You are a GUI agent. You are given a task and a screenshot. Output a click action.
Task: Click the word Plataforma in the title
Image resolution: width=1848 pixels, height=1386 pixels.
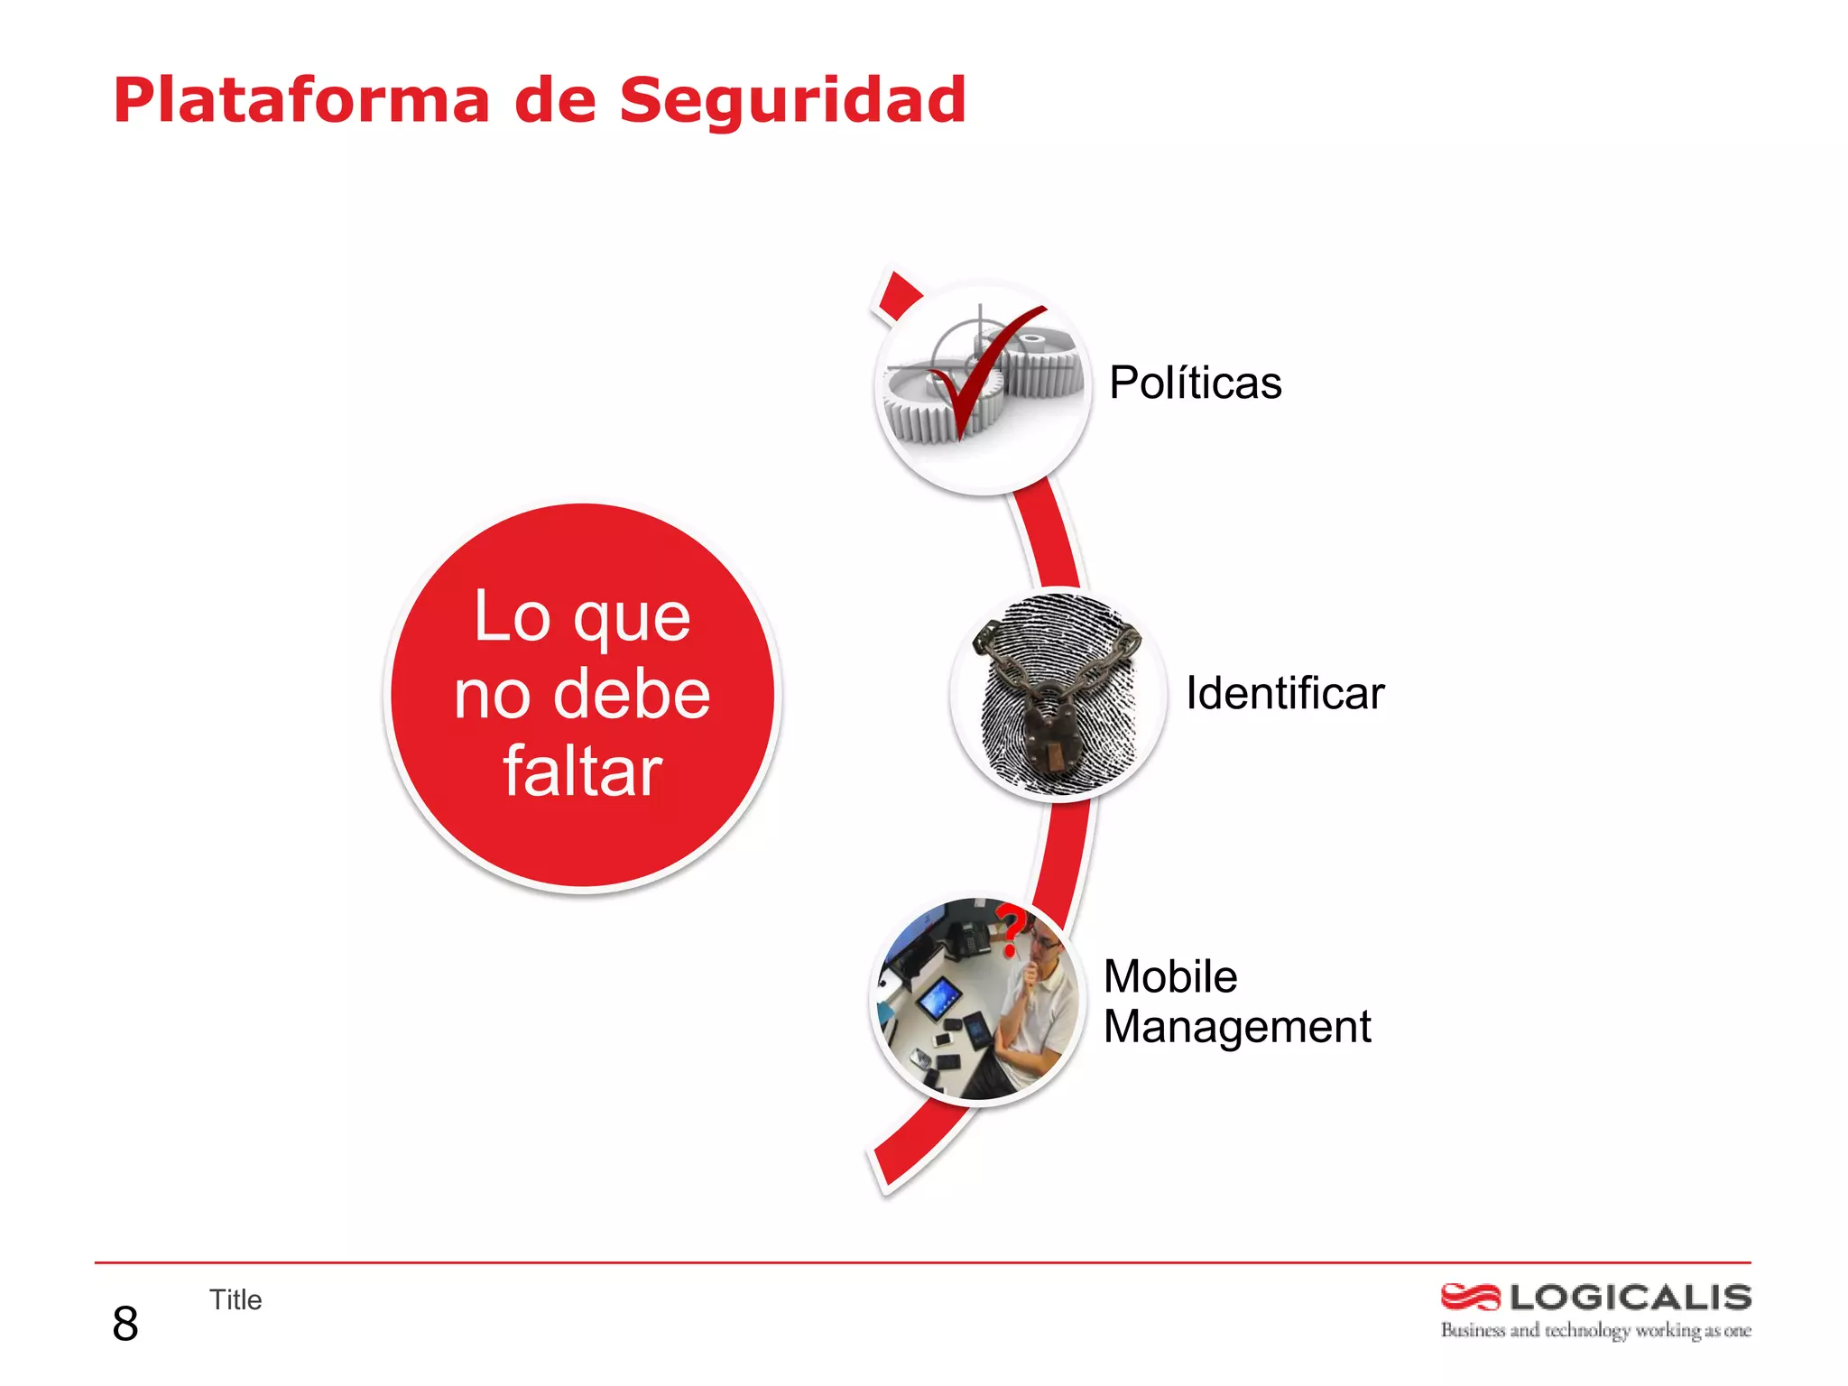click(x=301, y=100)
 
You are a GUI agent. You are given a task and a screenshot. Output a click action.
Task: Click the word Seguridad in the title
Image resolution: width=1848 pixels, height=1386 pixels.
click(x=792, y=100)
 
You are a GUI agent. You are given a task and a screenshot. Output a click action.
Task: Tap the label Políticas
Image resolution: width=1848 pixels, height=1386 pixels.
click(x=1195, y=383)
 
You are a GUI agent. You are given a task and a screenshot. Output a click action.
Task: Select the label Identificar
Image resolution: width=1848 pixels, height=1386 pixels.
click(x=1284, y=693)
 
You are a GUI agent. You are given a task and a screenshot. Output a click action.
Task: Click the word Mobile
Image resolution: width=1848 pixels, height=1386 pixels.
click(x=1170, y=976)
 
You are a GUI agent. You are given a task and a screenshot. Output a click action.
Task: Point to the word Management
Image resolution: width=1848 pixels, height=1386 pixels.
click(x=1236, y=1027)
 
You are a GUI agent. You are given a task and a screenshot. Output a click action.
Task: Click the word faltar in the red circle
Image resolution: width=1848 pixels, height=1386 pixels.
click(x=582, y=772)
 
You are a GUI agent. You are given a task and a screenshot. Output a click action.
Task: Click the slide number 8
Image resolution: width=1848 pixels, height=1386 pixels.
click(x=125, y=1324)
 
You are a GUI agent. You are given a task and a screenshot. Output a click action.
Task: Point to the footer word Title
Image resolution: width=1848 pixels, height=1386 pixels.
click(x=236, y=1299)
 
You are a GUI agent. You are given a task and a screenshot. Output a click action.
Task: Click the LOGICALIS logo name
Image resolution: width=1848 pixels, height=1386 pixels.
click(x=1630, y=1298)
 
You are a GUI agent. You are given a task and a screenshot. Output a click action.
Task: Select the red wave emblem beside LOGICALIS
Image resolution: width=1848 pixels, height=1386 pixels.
click(x=1470, y=1298)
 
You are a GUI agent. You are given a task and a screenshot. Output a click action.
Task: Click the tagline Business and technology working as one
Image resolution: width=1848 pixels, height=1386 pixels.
click(x=1594, y=1330)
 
